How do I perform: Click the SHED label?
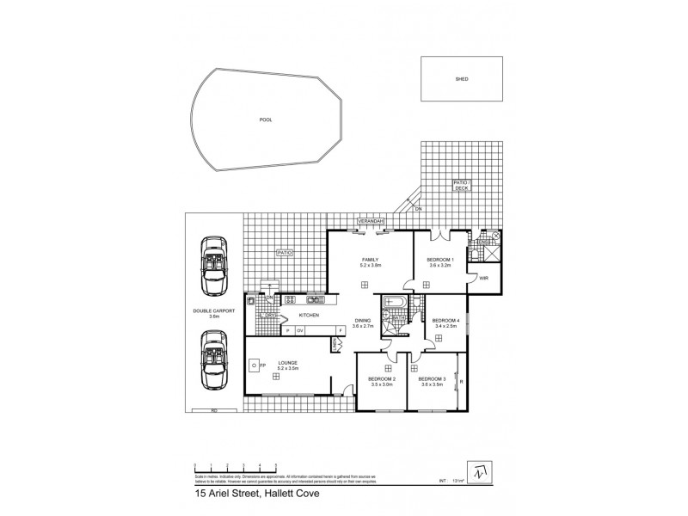461,78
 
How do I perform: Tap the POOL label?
265,120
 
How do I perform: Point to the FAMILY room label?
370,260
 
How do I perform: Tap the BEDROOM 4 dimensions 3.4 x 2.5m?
445,327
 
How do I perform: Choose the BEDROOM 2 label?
382,379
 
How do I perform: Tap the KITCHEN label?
309,316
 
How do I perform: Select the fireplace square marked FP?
254,365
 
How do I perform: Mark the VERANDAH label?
372,221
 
